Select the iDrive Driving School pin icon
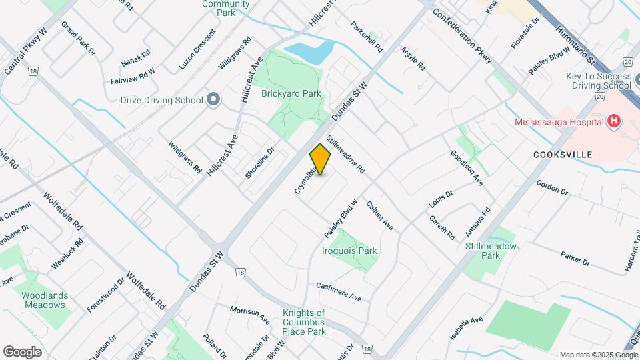pos(213,100)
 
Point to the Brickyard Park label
pos(291,94)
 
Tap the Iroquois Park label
pos(349,251)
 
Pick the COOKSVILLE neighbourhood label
pos(563,154)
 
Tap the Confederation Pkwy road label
pos(463,36)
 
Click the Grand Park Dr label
pos(79,39)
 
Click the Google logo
pos(22,351)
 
